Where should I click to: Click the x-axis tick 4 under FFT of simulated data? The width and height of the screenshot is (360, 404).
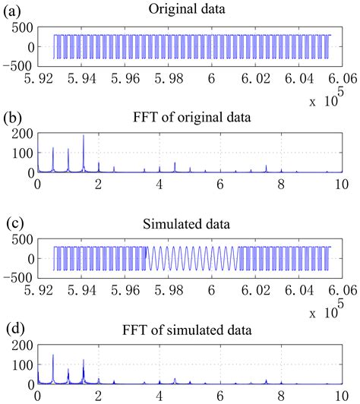click(x=159, y=396)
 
